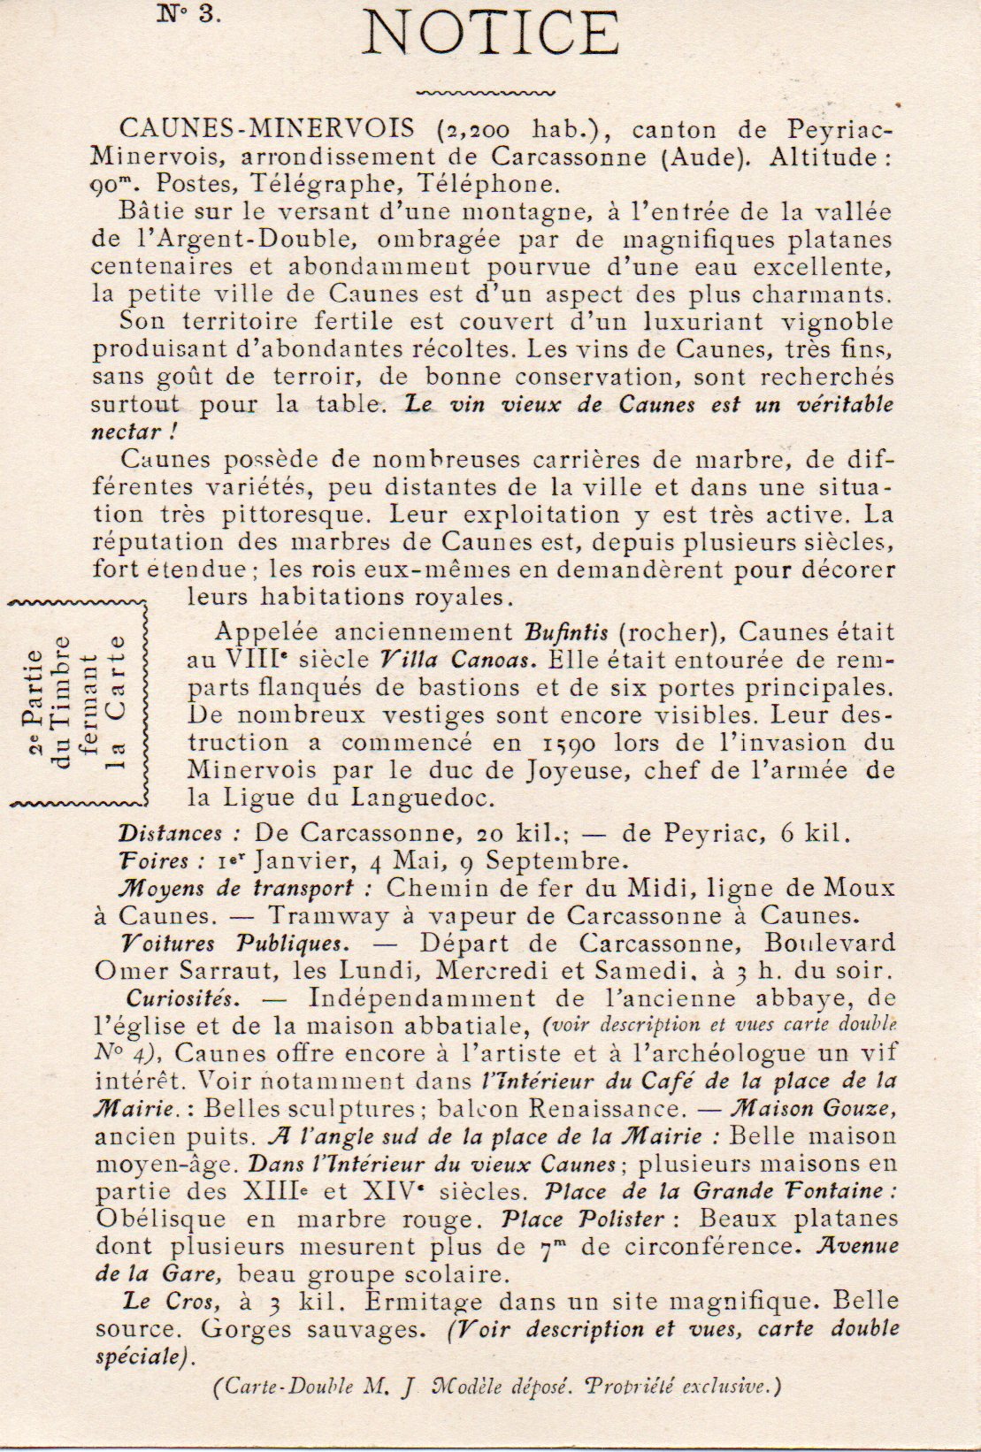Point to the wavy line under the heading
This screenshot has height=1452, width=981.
point(486,90)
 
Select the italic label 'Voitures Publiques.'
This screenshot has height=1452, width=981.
point(220,943)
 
